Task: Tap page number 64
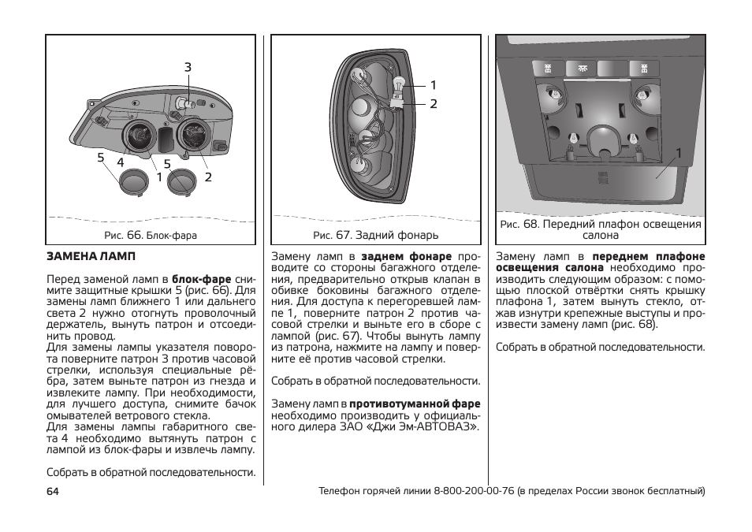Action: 54,491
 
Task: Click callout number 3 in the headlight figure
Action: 188,69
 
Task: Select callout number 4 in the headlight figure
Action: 121,162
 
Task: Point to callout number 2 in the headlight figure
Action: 208,177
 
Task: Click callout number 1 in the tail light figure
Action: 433,85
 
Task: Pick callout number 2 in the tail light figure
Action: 433,103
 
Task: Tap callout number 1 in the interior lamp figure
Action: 676,154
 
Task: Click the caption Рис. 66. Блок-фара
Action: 151,235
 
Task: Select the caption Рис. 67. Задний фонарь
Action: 375,235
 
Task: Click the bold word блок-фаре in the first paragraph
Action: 201,279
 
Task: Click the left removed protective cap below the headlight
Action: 132,183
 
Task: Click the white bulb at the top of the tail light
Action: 399,82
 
